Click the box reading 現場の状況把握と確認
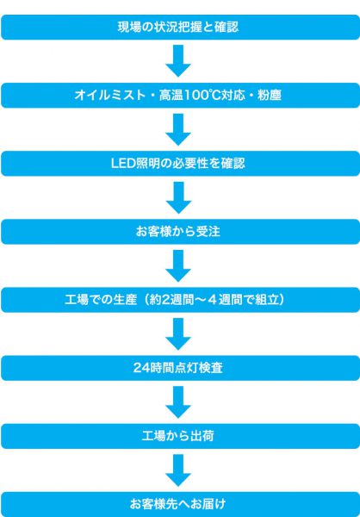click(180, 27)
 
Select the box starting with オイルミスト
click(180, 96)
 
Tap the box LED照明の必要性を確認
click(180, 164)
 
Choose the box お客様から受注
click(180, 232)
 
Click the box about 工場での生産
click(180, 300)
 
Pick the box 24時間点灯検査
click(180, 368)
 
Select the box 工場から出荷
click(180, 436)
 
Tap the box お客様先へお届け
click(180, 504)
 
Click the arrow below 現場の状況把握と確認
click(178, 61)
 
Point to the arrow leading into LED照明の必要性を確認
click(178, 129)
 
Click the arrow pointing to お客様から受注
click(178, 197)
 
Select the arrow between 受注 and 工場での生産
click(178, 265)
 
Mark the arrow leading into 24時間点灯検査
click(178, 333)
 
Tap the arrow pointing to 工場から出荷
click(178, 402)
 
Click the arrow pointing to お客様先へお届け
click(178, 470)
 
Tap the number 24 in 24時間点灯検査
click(140, 368)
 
